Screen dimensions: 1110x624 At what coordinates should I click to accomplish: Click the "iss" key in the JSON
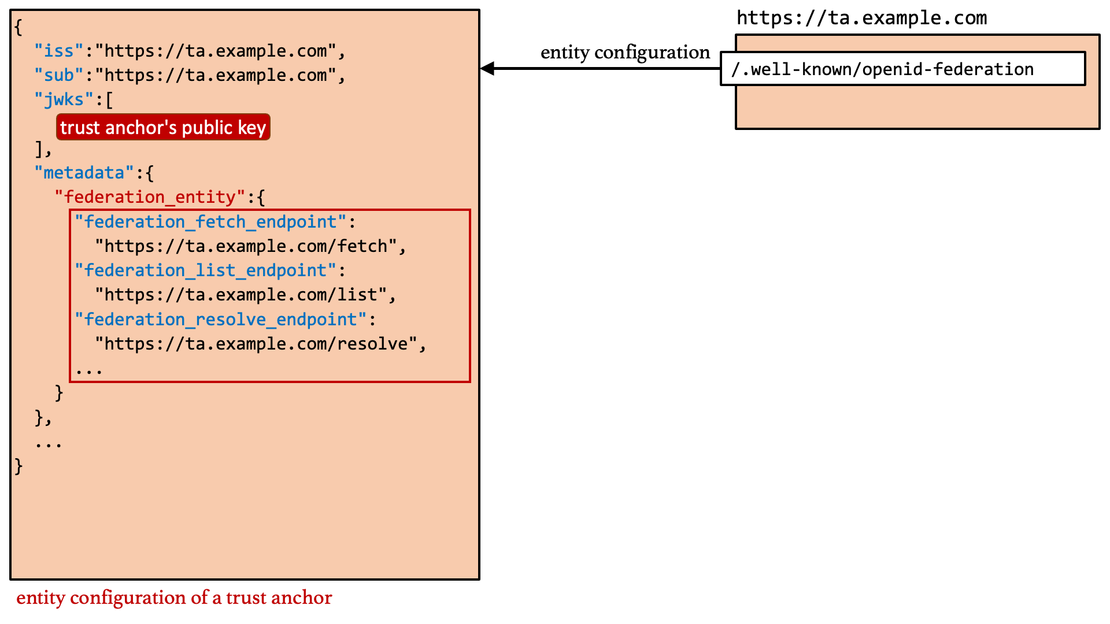coord(59,51)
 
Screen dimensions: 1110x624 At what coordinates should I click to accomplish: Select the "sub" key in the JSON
coord(59,75)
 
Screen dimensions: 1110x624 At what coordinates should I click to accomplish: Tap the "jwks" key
coord(64,99)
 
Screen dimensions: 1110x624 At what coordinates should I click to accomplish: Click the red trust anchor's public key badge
coord(163,127)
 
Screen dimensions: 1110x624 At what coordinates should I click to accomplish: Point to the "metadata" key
coord(84,173)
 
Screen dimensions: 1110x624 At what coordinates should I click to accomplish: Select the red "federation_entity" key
coord(150,197)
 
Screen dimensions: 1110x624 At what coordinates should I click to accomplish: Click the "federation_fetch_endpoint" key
coord(210,222)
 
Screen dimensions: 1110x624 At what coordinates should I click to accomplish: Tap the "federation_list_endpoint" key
coord(205,270)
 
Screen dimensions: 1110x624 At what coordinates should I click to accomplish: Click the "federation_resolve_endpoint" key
coord(220,320)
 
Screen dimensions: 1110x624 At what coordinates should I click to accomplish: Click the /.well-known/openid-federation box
coord(902,69)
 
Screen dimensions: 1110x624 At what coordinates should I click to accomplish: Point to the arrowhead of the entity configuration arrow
coord(487,68)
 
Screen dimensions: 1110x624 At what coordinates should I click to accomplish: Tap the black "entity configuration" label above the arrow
coord(625,52)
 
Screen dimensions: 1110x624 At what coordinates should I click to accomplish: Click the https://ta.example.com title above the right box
coord(861,18)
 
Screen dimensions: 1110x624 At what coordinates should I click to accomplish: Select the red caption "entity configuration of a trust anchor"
coord(174,597)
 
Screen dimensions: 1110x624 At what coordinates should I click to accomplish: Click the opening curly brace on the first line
coord(18,27)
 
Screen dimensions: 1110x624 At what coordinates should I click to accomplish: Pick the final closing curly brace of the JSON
coord(18,466)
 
